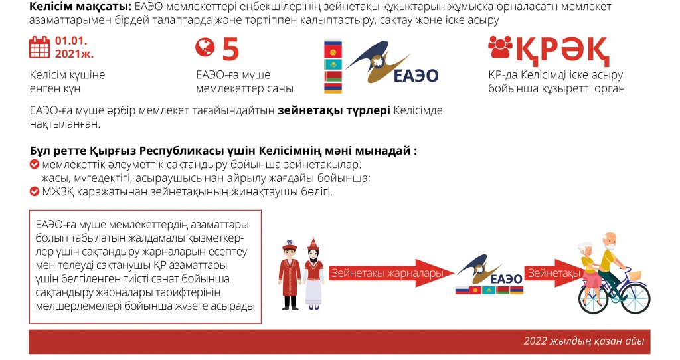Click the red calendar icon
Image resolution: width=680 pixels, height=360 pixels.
tap(39, 47)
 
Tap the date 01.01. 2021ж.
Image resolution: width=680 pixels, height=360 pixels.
tap(74, 47)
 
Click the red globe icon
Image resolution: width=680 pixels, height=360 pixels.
tap(205, 47)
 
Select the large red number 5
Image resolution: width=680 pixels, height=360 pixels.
tap(230, 49)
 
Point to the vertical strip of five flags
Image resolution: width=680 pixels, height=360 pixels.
tap(333, 66)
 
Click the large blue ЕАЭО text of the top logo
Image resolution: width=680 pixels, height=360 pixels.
tap(416, 76)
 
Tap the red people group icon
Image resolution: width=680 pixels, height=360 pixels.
tap(500, 47)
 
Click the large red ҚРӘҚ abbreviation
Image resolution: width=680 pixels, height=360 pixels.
tap(562, 50)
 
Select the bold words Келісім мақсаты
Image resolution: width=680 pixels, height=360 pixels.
tap(80, 7)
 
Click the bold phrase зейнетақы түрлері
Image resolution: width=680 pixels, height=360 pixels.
tap(334, 110)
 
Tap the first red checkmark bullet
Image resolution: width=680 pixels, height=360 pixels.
tap(35, 165)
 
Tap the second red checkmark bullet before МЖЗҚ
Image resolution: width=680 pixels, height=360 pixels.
tap(35, 192)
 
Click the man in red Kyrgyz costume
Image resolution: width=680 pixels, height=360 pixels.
tap(290, 275)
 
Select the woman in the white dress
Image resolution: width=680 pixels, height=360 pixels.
tap(313, 274)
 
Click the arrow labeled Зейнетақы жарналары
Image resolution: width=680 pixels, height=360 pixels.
tap(392, 273)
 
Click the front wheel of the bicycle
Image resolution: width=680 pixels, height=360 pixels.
tap(635, 298)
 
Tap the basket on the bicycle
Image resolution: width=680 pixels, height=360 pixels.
tap(634, 275)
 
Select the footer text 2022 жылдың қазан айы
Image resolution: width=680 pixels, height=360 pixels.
tap(584, 341)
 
